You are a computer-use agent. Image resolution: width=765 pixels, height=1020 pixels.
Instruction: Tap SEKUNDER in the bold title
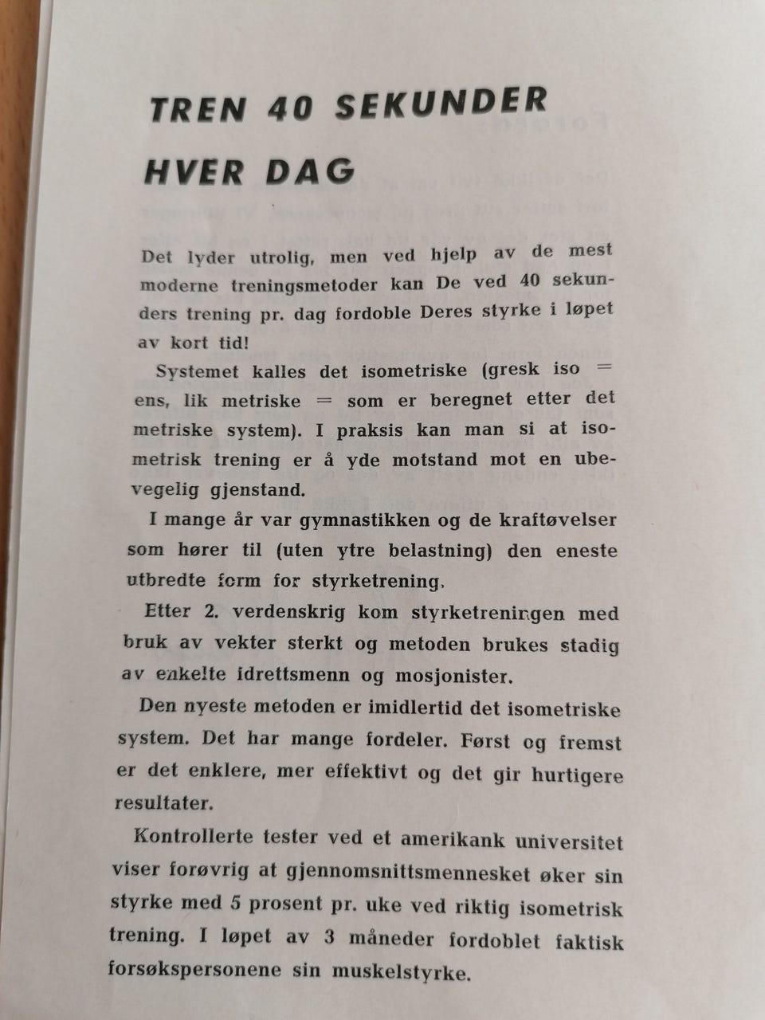click(441, 104)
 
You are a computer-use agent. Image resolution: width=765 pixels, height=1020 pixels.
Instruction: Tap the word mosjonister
click(452, 676)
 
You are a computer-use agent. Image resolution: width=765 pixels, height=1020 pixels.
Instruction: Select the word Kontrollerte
click(194, 836)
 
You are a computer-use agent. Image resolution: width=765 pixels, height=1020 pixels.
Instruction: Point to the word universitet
click(568, 841)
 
